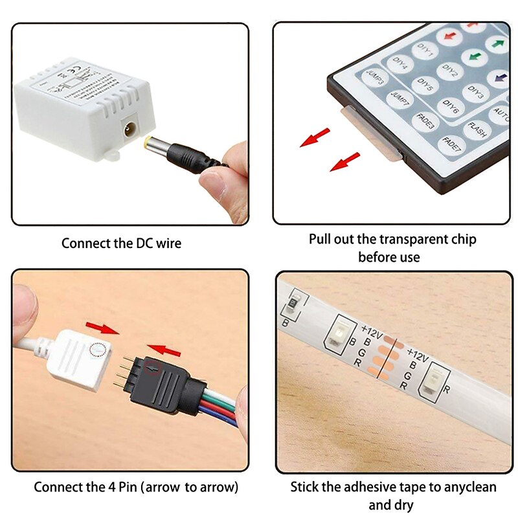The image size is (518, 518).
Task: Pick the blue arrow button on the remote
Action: coord(499,79)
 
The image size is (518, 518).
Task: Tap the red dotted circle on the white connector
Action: coord(97,350)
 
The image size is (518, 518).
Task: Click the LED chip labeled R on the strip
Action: coord(428,383)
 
